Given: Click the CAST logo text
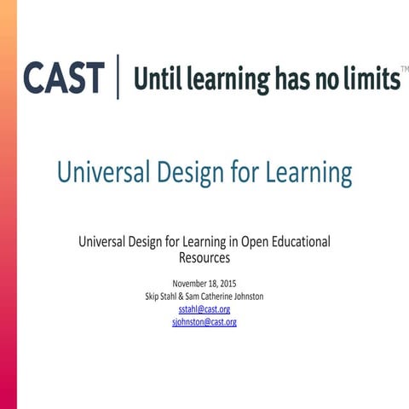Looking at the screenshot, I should (x=64, y=78).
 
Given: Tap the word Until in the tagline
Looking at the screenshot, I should (x=158, y=79).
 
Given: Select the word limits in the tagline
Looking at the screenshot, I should (x=372, y=79).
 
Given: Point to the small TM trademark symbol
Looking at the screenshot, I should (x=404, y=67).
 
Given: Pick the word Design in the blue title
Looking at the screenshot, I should (x=192, y=173).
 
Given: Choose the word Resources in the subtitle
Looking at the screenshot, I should (x=204, y=256).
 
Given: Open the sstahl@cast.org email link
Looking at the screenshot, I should (x=204, y=309).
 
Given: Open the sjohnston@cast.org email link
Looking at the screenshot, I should (x=204, y=322).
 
